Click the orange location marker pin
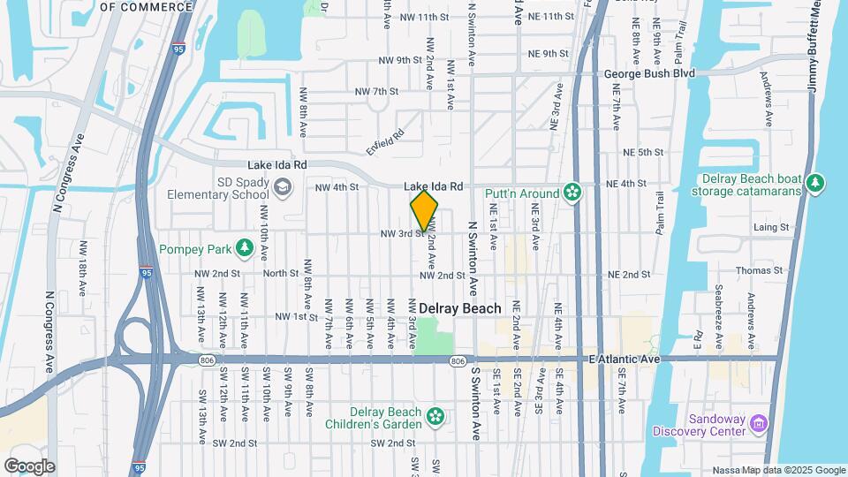[x=424, y=210]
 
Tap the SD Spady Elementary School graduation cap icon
[x=282, y=187]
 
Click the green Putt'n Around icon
[x=572, y=193]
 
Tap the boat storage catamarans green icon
[x=815, y=184]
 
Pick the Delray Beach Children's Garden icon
[x=435, y=415]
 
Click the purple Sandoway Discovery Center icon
[x=758, y=423]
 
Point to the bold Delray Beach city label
[x=459, y=308]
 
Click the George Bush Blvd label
[x=649, y=73]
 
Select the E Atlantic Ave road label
[x=624, y=360]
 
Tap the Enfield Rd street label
[x=385, y=137]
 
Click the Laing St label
[x=771, y=227]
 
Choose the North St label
[x=281, y=274]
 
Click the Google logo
[x=29, y=466]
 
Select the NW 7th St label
[x=377, y=92]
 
